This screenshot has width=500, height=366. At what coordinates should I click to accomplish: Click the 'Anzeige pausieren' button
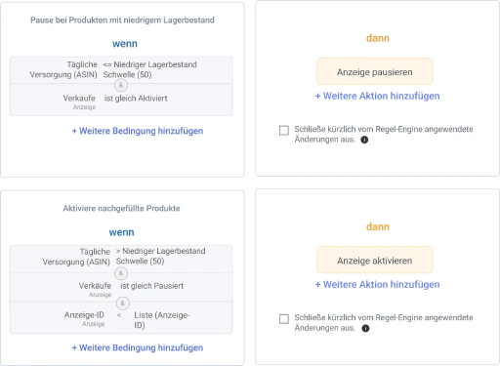click(x=375, y=71)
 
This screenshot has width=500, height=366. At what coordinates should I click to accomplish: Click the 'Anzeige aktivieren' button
click(x=375, y=261)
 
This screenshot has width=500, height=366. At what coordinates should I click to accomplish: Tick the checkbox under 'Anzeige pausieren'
click(x=284, y=130)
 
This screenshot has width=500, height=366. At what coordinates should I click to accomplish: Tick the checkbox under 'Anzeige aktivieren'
click(x=284, y=319)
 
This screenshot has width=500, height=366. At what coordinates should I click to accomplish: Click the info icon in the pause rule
click(x=364, y=140)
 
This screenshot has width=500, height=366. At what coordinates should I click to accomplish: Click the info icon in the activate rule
click(x=365, y=328)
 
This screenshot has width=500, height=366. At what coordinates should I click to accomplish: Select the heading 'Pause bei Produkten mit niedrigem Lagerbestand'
click(x=122, y=20)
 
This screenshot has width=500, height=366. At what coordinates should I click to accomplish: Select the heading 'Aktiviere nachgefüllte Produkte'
click(x=121, y=208)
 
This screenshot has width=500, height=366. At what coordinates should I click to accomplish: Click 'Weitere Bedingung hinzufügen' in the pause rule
click(x=138, y=131)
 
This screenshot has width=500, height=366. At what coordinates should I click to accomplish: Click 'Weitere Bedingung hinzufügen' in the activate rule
click(x=138, y=347)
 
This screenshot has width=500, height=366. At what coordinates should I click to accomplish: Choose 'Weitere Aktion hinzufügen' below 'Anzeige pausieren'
click(x=377, y=96)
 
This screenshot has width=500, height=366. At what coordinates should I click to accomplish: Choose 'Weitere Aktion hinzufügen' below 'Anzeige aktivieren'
click(x=377, y=284)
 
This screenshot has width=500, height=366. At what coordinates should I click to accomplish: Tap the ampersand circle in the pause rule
click(x=121, y=85)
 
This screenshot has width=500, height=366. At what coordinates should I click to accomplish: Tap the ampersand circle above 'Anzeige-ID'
click(x=123, y=304)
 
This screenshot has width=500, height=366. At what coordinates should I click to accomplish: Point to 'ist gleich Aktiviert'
click(x=136, y=99)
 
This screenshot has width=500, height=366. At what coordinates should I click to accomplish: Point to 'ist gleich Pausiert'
click(x=151, y=286)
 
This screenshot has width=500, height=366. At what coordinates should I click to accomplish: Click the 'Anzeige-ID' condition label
click(x=84, y=315)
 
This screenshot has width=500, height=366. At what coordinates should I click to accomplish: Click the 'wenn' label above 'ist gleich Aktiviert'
click(x=125, y=44)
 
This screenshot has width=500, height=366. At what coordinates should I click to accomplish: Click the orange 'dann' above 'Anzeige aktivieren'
click(x=378, y=226)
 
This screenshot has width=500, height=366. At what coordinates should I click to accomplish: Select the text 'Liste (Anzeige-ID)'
click(x=162, y=320)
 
